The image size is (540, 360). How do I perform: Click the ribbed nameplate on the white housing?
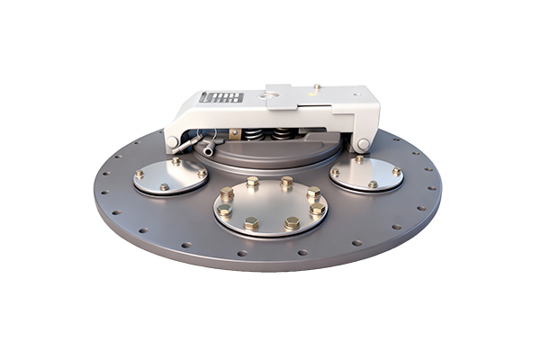221,97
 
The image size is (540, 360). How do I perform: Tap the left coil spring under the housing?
256,136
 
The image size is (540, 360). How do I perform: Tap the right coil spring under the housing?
284,136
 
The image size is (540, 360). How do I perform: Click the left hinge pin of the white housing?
173,141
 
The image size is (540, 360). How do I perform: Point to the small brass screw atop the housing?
316,86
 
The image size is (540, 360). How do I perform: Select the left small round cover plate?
171,176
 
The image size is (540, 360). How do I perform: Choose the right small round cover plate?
365,173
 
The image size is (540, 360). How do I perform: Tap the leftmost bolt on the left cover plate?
139,175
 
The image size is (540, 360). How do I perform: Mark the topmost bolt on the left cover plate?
176,162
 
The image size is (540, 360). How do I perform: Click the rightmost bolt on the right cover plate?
396,171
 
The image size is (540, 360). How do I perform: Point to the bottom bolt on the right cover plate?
373,184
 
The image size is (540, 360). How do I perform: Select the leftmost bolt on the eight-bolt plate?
225,211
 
